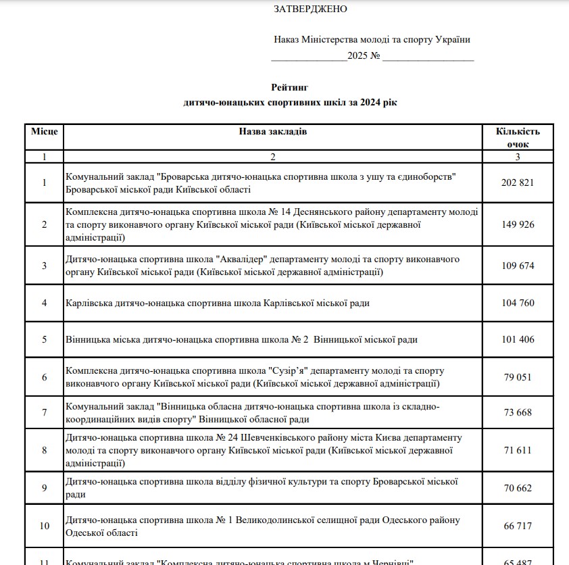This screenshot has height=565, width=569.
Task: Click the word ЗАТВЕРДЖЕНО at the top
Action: pyautogui.click(x=310, y=9)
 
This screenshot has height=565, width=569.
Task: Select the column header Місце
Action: pyautogui.click(x=45, y=131)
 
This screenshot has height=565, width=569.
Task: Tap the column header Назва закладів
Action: pyautogui.click(x=273, y=131)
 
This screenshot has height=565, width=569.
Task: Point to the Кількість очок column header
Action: pyautogui.click(x=518, y=137)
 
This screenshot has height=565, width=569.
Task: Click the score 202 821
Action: pyautogui.click(x=518, y=182)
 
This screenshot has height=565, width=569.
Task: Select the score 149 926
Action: pyautogui.click(x=518, y=224)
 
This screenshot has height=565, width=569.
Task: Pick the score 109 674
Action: pyautogui.click(x=518, y=266)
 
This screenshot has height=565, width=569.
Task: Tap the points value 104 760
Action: pyautogui.click(x=518, y=303)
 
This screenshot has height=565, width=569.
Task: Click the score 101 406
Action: pyautogui.click(x=518, y=339)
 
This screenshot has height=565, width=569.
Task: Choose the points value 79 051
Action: pyautogui.click(x=518, y=377)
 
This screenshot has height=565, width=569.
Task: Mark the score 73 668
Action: pyautogui.click(x=518, y=412)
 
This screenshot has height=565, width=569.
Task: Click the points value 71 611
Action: pyautogui.click(x=518, y=449)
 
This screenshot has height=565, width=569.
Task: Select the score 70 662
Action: pyautogui.click(x=518, y=488)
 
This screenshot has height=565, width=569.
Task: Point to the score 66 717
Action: pyautogui.click(x=518, y=526)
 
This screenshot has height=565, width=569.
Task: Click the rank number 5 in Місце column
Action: pyautogui.click(x=45, y=339)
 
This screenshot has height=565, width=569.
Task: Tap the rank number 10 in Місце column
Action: pyautogui.click(x=45, y=526)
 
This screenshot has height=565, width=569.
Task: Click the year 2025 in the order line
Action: pyautogui.click(x=357, y=56)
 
